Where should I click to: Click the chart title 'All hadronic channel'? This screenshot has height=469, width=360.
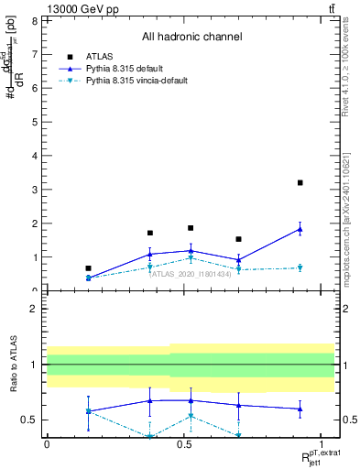191,38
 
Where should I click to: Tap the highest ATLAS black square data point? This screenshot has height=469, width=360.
300,183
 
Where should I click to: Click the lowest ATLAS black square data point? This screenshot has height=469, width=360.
88,268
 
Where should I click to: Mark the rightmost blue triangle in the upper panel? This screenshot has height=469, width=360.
300,229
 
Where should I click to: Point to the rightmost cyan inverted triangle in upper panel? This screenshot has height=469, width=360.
300,268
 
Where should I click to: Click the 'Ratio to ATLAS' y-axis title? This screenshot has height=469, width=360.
15,366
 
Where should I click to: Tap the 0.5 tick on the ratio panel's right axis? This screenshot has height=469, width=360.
341,420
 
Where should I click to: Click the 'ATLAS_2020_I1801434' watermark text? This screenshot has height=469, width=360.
191,273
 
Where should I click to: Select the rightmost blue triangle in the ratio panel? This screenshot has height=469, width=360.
300,409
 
